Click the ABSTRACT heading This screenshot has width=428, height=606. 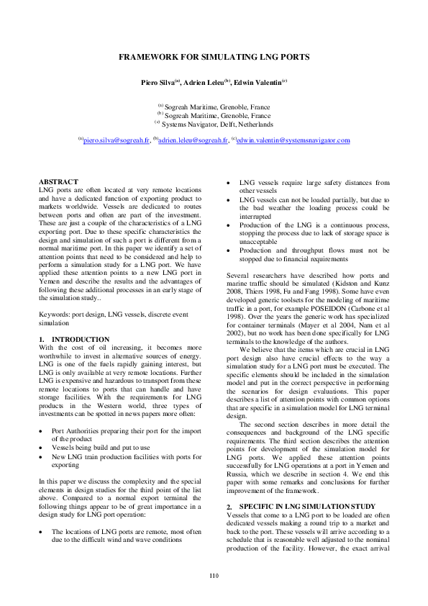58,182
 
